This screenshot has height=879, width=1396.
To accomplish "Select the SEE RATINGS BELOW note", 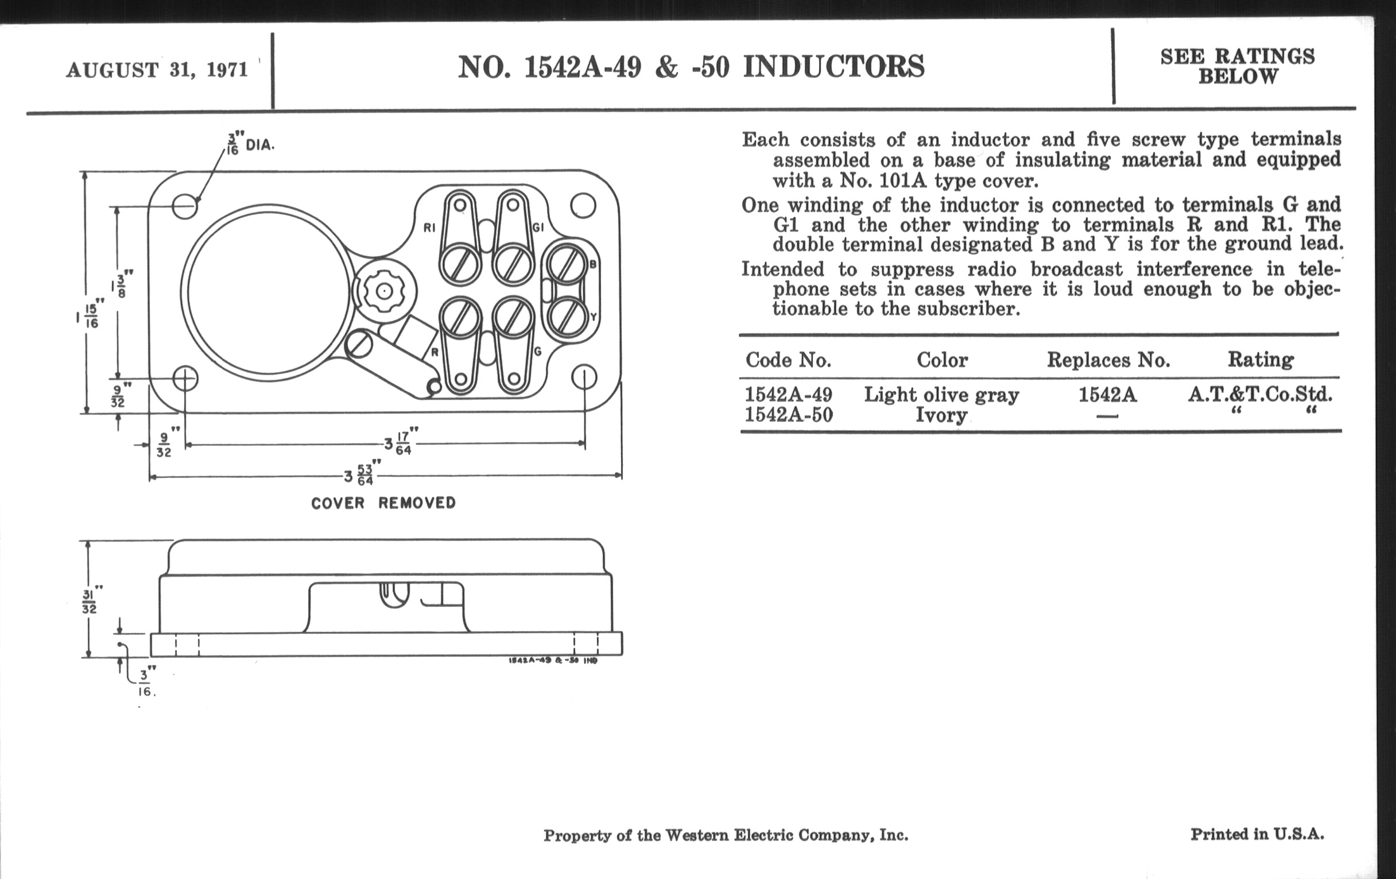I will tap(1237, 66).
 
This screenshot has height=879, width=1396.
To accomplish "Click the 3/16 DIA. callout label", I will tap(250, 144).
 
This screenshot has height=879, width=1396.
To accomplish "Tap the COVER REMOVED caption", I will tap(383, 503).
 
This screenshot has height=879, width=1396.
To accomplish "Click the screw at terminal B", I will tap(566, 265).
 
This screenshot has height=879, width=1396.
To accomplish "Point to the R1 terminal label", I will tap(429, 228).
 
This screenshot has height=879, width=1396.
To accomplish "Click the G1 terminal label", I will tap(538, 228).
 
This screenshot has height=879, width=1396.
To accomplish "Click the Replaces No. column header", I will tap(1108, 360).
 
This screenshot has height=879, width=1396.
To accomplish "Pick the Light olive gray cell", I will tap(941, 395).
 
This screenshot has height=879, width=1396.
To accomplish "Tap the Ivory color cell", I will tap(941, 415).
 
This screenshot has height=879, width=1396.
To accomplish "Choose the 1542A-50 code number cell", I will tap(789, 415).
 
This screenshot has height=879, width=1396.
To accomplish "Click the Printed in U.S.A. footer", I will tap(1257, 834).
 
